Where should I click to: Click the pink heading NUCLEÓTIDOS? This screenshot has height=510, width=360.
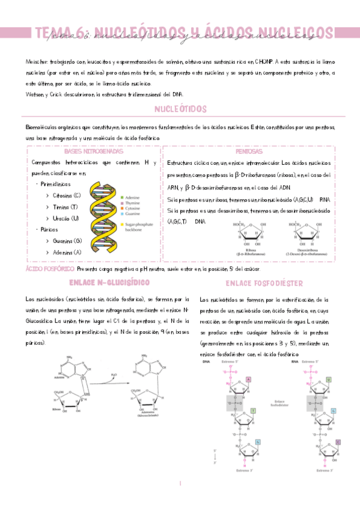[x=180, y=109]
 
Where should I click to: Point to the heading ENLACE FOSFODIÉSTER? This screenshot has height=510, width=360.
[x=264, y=283]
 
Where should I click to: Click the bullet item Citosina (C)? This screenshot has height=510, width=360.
[x=67, y=195]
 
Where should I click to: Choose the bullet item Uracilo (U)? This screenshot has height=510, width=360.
[x=66, y=218]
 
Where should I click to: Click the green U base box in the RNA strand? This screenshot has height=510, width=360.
[x=329, y=380]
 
